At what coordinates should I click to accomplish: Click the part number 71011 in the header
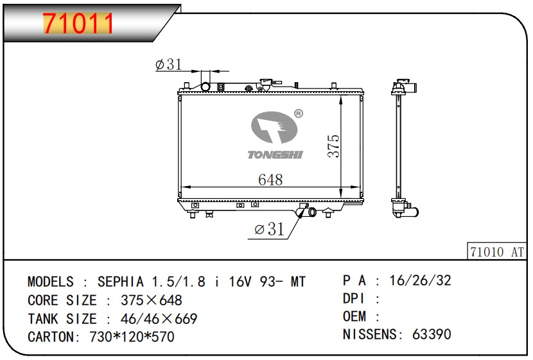click(78, 24)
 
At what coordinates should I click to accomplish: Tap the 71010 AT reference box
click(496, 251)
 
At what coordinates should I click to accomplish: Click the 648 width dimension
click(270, 180)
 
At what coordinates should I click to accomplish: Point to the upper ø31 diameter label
click(168, 64)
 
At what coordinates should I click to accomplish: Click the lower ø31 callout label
click(269, 230)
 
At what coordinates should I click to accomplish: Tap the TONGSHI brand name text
click(275, 154)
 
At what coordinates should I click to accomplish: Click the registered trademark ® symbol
click(298, 114)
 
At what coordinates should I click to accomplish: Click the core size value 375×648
click(152, 300)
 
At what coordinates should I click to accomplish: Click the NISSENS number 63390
click(433, 334)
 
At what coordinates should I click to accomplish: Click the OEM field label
click(354, 316)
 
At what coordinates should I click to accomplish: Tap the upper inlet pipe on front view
click(207, 86)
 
